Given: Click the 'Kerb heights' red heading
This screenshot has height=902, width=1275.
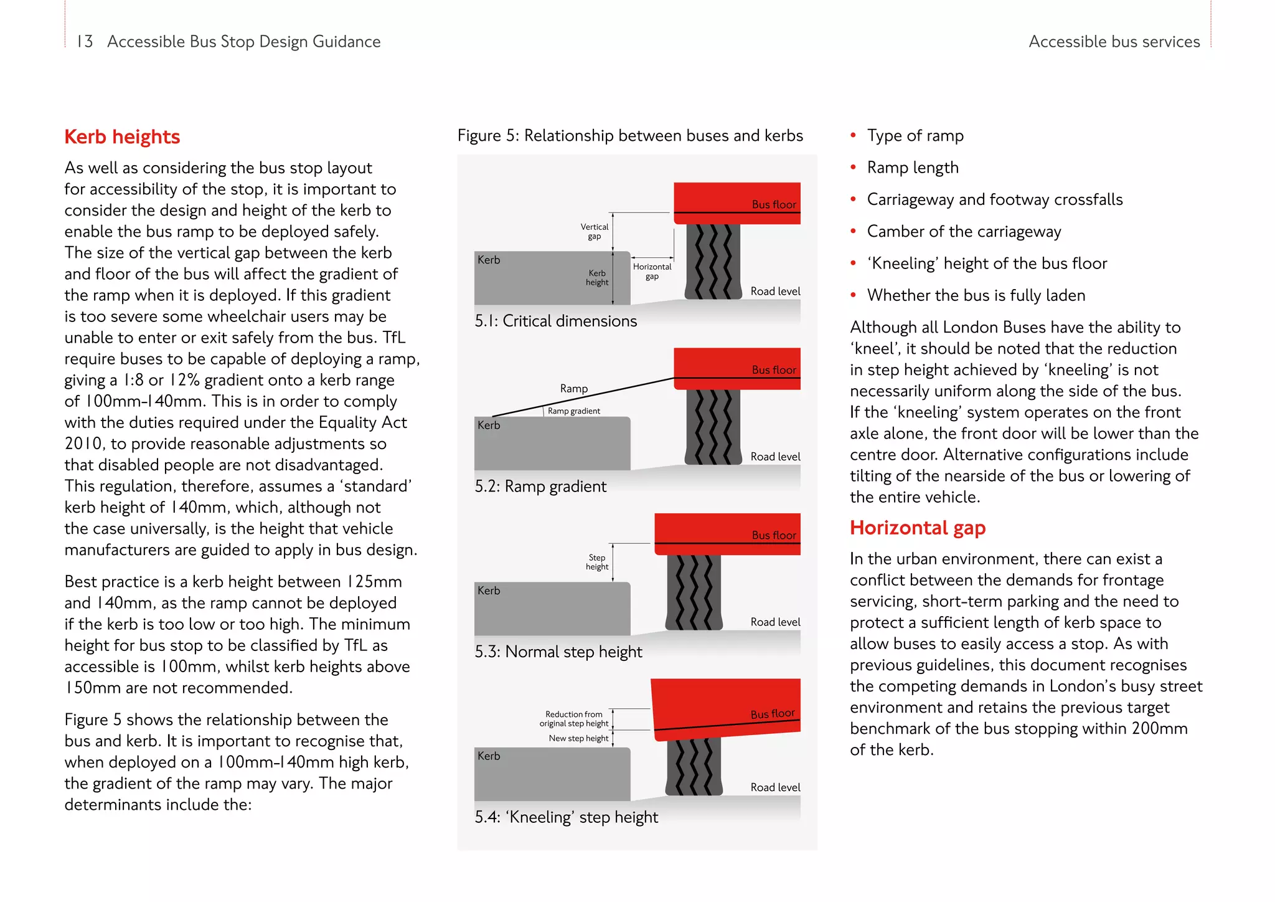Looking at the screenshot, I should pyautogui.click(x=122, y=137).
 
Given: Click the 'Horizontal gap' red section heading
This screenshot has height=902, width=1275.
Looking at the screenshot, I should pyautogui.click(x=917, y=528).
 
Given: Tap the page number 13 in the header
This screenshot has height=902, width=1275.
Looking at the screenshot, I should pyautogui.click(x=85, y=42).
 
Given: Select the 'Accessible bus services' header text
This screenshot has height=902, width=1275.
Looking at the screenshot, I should pyautogui.click(x=1114, y=42).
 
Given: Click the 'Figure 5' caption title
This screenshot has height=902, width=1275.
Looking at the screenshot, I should pyautogui.click(x=629, y=136).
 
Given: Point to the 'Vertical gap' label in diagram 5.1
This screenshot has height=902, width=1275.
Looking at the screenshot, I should pyautogui.click(x=595, y=232).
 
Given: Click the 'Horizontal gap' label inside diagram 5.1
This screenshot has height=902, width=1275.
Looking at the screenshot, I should pyautogui.click(x=652, y=272).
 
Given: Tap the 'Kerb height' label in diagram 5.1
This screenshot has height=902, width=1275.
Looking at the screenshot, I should pyautogui.click(x=597, y=278).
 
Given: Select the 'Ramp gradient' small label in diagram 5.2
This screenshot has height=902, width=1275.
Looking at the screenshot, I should pyautogui.click(x=574, y=411).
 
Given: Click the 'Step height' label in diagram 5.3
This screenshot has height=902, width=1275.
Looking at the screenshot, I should pyautogui.click(x=597, y=562).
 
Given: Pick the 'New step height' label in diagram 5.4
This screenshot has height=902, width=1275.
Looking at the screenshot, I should pyautogui.click(x=578, y=738).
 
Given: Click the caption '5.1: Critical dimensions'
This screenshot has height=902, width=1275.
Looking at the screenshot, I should pyautogui.click(x=555, y=321).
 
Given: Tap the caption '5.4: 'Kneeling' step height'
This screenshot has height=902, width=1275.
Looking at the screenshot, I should pyautogui.click(x=565, y=817).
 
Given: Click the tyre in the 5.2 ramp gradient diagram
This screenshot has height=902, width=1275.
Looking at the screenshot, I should pyautogui.click(x=713, y=427).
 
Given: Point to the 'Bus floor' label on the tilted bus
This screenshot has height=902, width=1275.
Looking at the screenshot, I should pyautogui.click(x=772, y=714).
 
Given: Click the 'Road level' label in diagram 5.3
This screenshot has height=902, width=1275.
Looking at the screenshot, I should pyautogui.click(x=775, y=622).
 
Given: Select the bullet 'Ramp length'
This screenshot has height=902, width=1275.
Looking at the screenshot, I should pyautogui.click(x=912, y=168).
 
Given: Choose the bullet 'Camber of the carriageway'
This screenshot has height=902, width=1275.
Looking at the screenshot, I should pyautogui.click(x=963, y=232).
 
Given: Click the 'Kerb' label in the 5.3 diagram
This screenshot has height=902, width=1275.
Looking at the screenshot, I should pyautogui.click(x=489, y=591).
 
